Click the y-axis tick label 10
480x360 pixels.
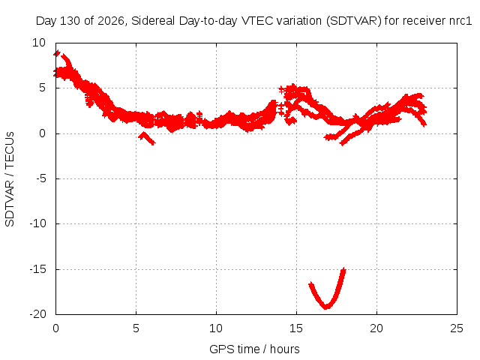[39, 43]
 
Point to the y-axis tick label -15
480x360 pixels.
[38, 269]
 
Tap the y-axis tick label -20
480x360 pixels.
[38, 314]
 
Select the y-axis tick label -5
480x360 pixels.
[41, 178]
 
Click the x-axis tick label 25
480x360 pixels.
[457, 328]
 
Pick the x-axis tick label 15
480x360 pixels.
[296, 328]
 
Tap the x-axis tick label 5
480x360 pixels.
[136, 328]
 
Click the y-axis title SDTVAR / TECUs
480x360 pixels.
[10, 179]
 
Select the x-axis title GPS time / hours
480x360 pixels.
[254, 349]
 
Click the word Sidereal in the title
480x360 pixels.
[153, 21]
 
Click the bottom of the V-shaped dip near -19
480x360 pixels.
[326, 307]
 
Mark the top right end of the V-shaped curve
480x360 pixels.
[344, 269]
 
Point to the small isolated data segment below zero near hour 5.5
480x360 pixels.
[147, 138]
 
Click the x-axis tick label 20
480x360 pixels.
[376, 328]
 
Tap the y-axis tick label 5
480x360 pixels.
[42, 88]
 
